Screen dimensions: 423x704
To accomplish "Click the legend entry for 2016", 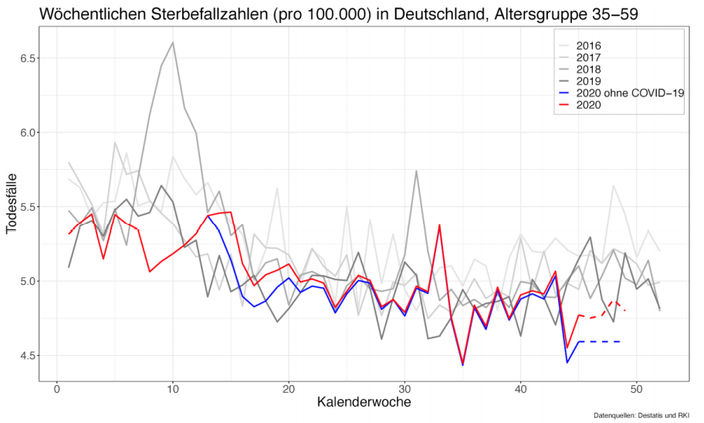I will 588,46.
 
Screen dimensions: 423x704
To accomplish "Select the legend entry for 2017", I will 588,57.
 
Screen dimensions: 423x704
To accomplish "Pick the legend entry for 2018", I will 588,69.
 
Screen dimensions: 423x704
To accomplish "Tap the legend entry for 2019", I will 588,81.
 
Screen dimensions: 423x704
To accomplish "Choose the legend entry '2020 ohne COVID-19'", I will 625,93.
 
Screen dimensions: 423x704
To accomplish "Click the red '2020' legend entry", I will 588,105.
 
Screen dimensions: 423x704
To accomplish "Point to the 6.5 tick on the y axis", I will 24,58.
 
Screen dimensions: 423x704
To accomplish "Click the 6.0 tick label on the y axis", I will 24,133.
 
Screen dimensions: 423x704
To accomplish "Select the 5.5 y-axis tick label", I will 24,207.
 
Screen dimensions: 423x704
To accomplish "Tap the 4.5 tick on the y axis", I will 24,356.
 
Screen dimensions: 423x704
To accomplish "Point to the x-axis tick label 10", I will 173,388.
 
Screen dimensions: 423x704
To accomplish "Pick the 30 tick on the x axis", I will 404,388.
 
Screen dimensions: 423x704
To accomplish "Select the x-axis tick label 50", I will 636,388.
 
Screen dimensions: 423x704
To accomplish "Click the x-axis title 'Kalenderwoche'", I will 363,403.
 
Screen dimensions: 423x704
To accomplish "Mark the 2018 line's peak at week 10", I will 173,42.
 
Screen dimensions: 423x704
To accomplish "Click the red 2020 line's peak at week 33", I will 439,225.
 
